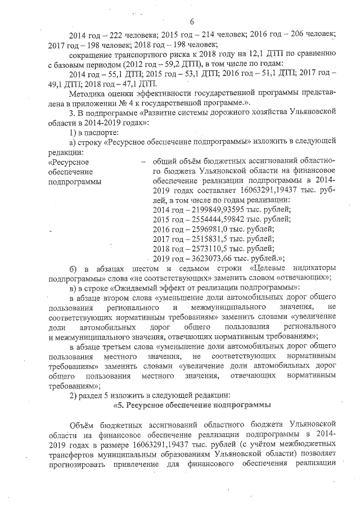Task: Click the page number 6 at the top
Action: pos(191,21)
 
